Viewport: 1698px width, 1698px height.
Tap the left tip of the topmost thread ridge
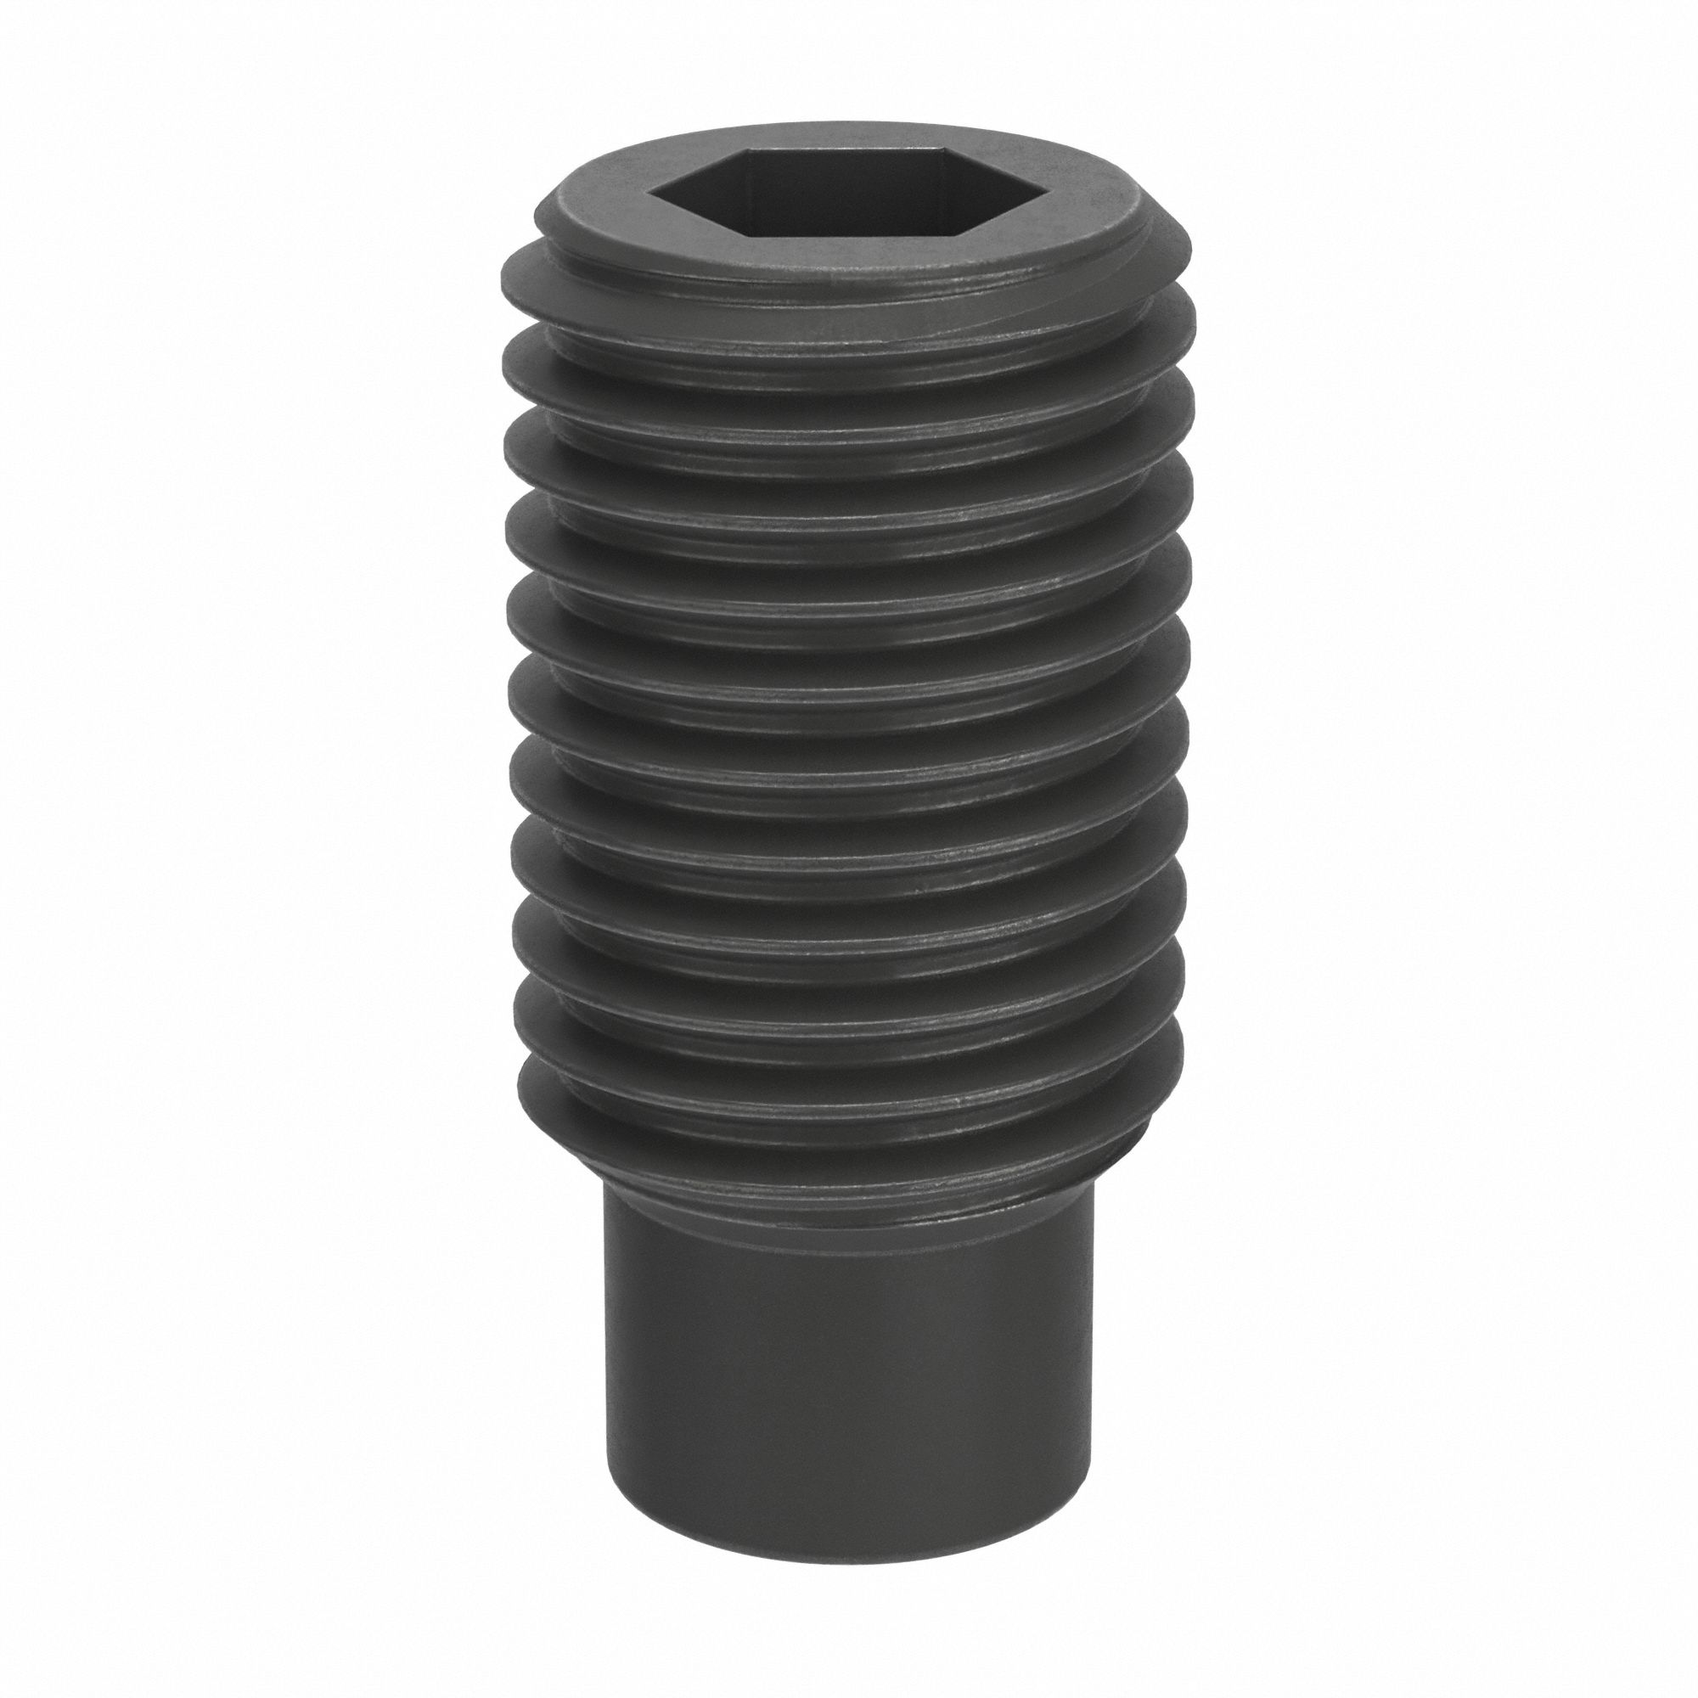(502, 273)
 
